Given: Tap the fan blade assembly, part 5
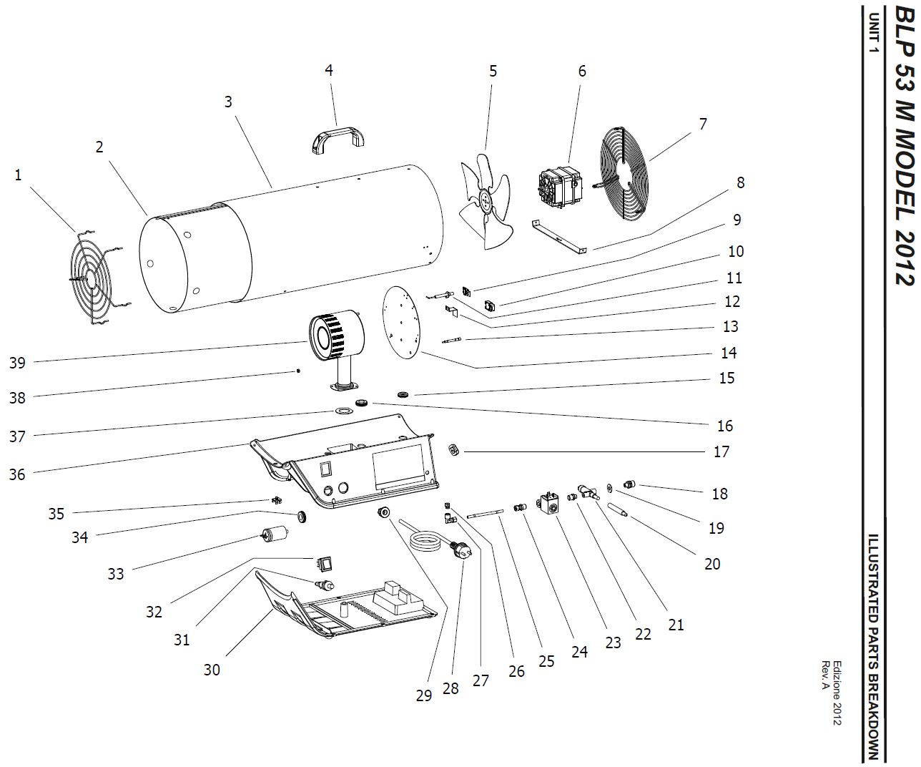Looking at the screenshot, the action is tap(486, 201).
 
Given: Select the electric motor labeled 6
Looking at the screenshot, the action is tap(560, 187).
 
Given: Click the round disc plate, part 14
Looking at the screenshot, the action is tap(401, 322).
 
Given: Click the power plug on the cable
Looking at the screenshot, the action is tap(461, 551).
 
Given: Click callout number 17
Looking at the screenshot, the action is tap(721, 451).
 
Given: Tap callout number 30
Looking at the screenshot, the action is tap(212, 670).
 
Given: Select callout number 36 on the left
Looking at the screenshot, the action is tap(17, 474).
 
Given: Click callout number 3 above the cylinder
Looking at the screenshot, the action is tap(228, 102).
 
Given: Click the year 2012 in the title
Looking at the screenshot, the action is tap(905, 258).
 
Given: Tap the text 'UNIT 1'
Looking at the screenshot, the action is tap(873, 32).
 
